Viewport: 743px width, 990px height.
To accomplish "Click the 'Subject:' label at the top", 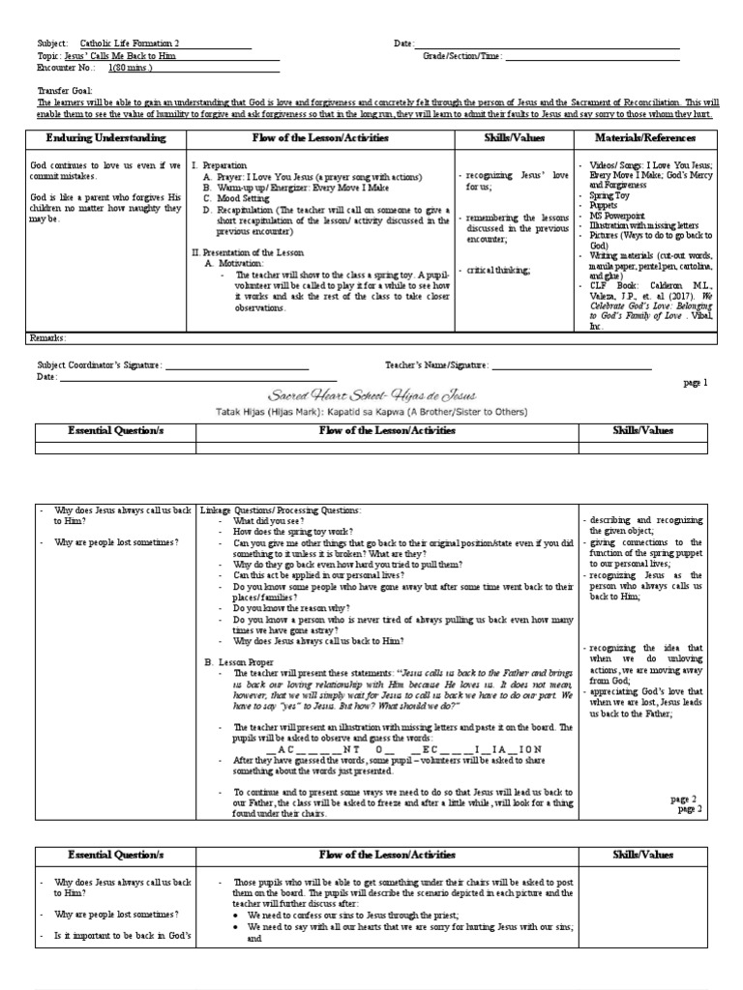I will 52,44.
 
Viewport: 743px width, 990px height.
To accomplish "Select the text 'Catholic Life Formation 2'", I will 130,44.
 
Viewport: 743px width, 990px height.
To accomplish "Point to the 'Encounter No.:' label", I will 66,69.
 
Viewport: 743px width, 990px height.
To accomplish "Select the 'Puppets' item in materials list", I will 604,205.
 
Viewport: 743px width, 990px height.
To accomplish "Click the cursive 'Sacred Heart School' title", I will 371,396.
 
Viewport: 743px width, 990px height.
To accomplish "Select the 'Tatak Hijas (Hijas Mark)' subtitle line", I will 371,411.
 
